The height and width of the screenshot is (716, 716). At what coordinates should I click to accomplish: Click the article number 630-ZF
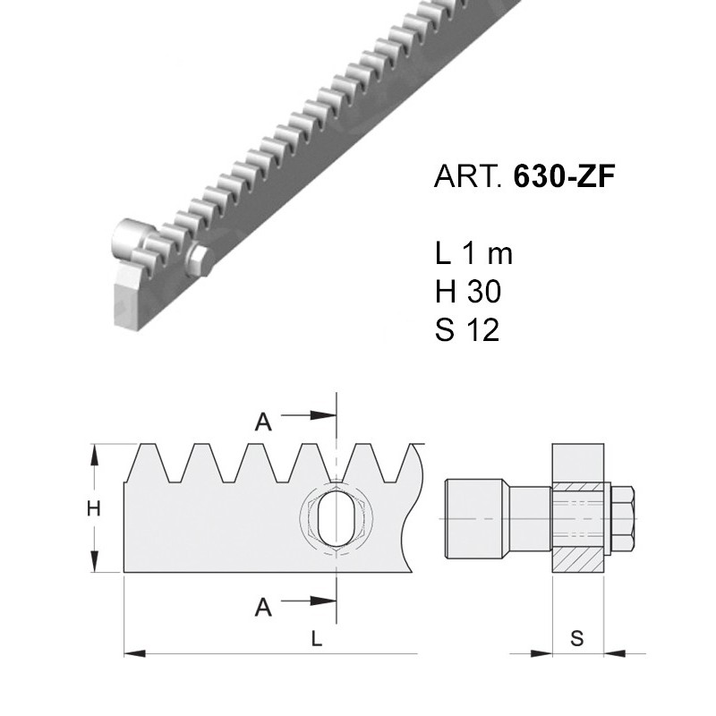click(x=564, y=175)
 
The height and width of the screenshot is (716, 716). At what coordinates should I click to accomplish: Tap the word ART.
click(x=468, y=175)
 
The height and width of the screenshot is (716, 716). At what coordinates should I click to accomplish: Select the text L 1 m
click(x=473, y=253)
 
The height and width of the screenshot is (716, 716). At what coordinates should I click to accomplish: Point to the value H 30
click(x=467, y=292)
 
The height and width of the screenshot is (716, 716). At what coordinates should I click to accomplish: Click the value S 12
click(x=467, y=329)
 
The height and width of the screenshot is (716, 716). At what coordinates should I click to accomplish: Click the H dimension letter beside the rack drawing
click(x=94, y=508)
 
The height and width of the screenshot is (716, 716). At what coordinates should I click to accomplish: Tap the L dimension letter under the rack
click(x=317, y=639)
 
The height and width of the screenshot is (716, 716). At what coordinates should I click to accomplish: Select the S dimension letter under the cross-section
click(x=577, y=638)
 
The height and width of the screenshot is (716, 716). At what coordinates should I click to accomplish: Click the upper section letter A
click(x=263, y=422)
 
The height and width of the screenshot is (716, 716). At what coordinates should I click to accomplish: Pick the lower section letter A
click(x=263, y=608)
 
